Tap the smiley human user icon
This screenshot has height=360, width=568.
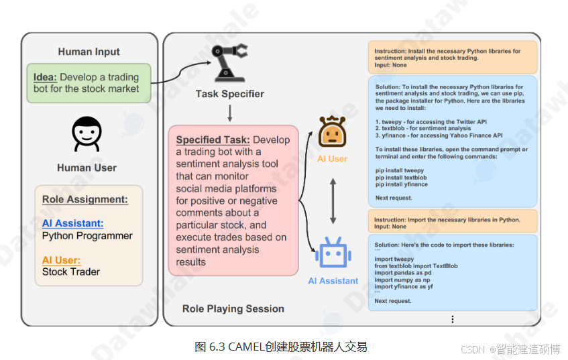tap(87, 133)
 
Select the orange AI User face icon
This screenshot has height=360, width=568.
tap(333, 131)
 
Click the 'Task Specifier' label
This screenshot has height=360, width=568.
tap(229, 94)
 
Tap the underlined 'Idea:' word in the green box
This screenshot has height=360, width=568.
tap(45, 77)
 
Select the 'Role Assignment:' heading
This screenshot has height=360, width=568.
tap(84, 199)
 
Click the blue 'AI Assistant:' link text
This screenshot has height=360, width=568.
tap(72, 223)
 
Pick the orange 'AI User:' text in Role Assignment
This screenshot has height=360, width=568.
tap(61, 260)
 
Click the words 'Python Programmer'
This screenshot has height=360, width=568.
tap(87, 236)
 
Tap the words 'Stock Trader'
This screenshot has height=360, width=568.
tap(70, 272)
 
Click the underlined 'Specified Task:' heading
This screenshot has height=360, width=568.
tap(213, 140)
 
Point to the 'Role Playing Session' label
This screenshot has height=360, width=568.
tap(233, 308)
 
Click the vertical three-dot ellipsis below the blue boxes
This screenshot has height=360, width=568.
tap(453, 319)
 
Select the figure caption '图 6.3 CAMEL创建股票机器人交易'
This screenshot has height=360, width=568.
tap(281, 347)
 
